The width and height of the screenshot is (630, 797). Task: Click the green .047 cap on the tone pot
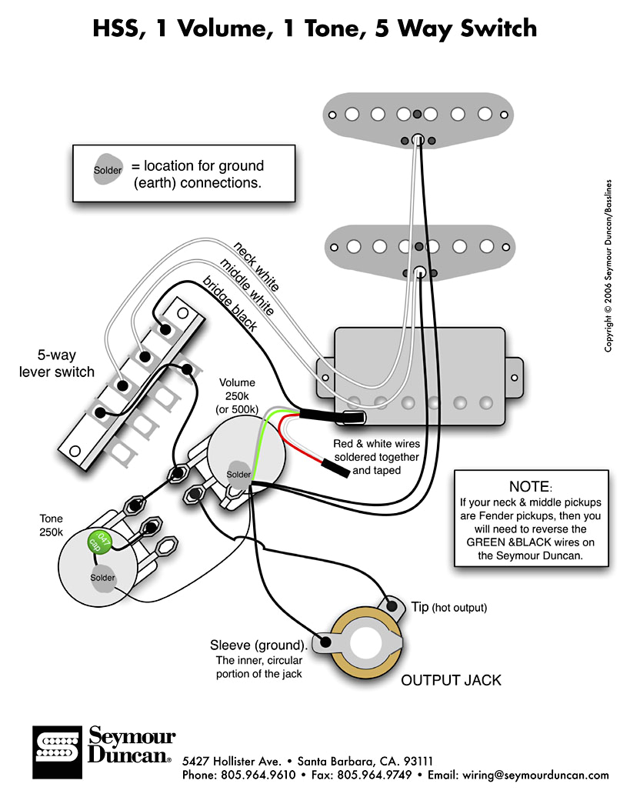99,542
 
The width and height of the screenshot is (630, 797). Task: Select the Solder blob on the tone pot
102,579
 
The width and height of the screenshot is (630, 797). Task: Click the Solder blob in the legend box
107,169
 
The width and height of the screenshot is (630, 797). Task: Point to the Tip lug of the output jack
392,605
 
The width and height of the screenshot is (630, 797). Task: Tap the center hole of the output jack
365,643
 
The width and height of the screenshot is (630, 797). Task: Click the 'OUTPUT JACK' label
451,680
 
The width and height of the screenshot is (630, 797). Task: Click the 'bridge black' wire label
230,303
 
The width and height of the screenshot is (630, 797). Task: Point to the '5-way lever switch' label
56,363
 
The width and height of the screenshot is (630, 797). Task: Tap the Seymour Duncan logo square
57,752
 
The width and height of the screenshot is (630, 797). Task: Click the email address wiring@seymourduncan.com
535,775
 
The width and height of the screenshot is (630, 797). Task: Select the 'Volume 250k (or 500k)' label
237,395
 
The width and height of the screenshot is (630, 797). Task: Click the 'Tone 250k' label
52,525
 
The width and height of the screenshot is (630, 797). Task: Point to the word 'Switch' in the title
498,28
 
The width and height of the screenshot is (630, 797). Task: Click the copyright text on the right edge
608,266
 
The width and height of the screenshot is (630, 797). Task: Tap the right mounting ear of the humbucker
514,378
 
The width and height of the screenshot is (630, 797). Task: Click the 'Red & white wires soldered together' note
376,456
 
